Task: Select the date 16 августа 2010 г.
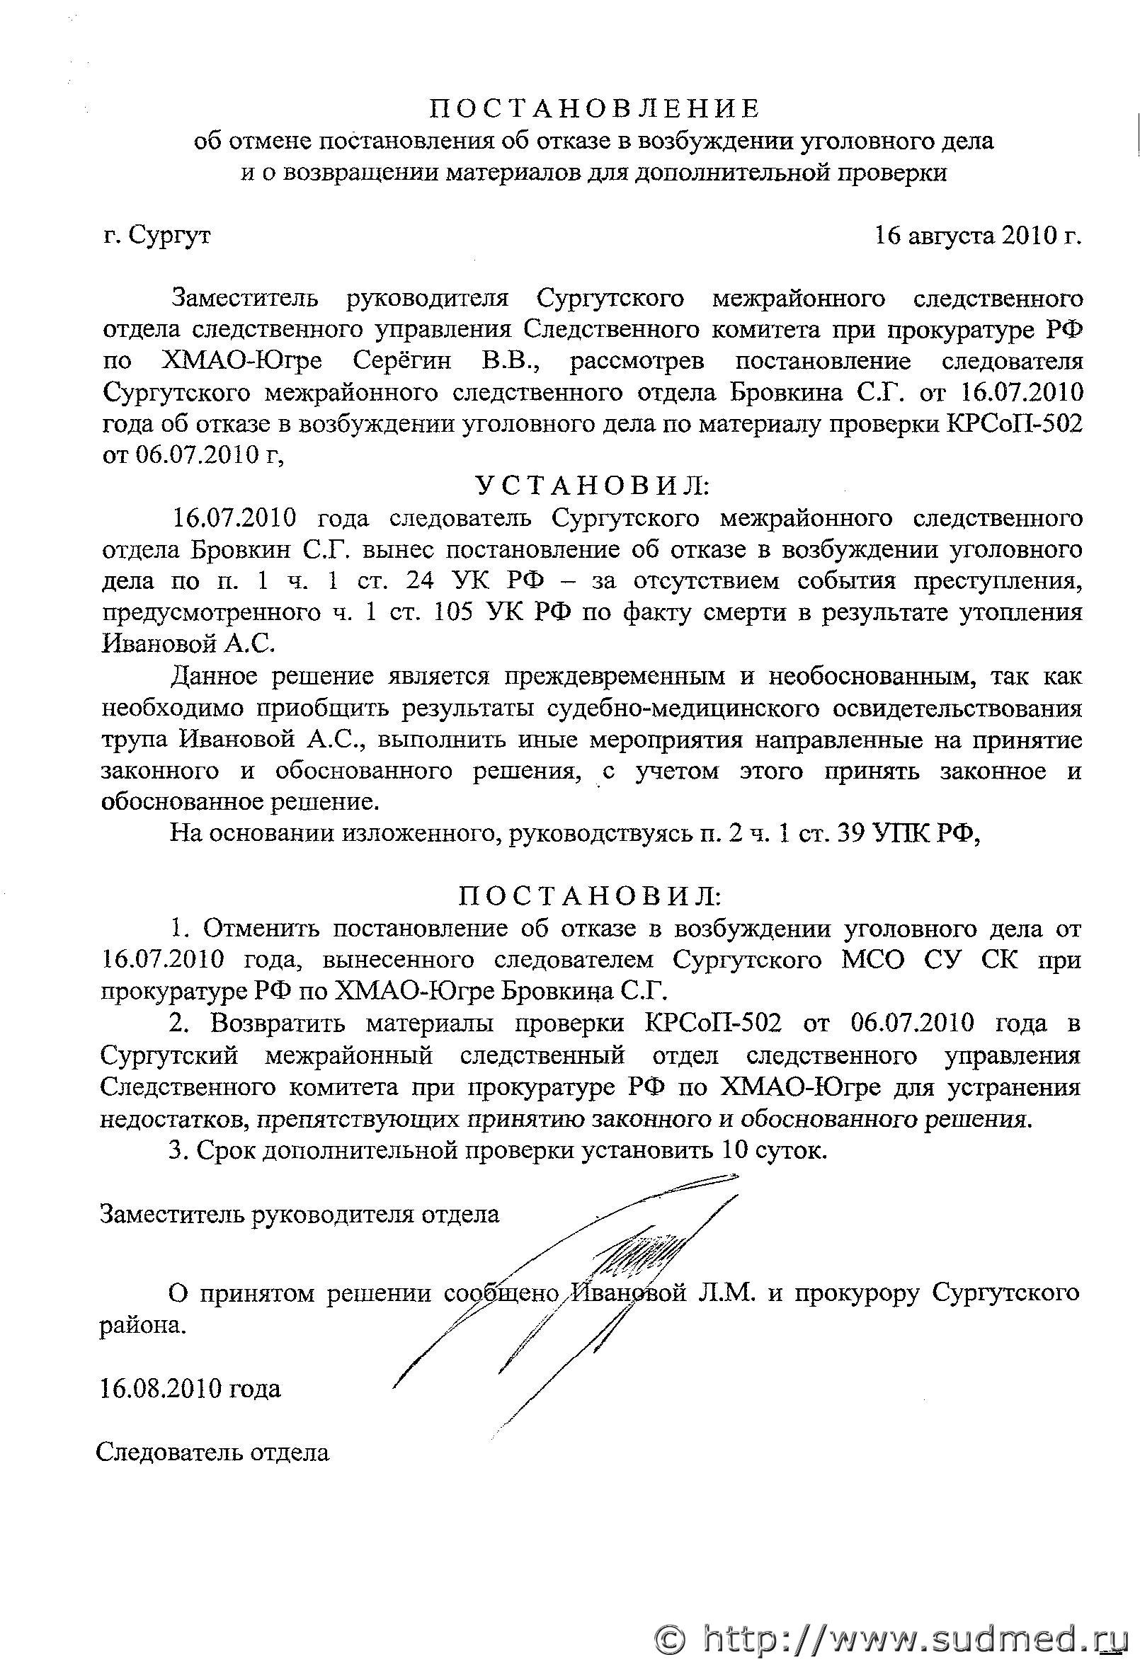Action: [x=978, y=235]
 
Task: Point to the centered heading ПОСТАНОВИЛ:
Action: [x=589, y=896]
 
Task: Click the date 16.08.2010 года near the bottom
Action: [x=190, y=1388]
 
